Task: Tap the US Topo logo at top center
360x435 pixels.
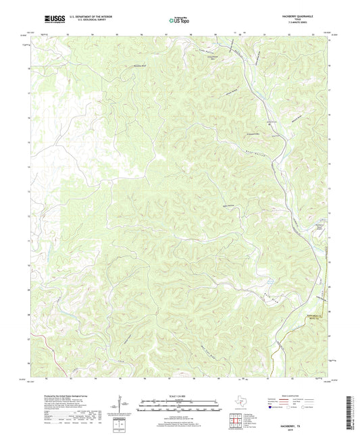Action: click(179, 21)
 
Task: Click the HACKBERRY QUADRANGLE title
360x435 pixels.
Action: click(297, 16)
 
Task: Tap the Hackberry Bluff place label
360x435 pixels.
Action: click(139, 66)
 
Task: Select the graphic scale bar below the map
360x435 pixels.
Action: click(180, 407)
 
